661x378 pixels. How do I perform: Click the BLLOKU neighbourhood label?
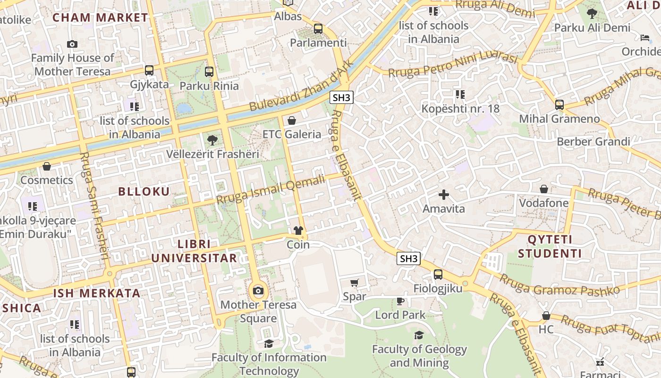(x=144, y=191)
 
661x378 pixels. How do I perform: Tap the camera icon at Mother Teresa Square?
(x=258, y=291)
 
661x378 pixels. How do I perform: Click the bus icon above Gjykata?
(x=149, y=70)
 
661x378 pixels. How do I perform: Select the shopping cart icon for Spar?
(x=355, y=283)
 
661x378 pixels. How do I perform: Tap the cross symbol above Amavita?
(x=443, y=194)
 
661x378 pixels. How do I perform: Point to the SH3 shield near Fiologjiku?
(x=408, y=258)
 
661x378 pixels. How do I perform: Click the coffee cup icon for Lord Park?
(x=400, y=301)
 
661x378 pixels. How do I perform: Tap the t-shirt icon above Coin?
(x=298, y=231)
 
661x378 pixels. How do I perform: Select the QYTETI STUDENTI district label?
(x=550, y=247)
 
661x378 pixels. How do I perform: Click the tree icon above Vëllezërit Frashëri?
(x=212, y=140)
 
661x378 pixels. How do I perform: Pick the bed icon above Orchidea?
(x=645, y=37)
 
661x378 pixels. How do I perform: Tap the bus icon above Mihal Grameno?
(x=559, y=105)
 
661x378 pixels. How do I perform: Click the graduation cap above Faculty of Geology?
(x=419, y=335)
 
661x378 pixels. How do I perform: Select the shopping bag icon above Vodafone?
(x=544, y=189)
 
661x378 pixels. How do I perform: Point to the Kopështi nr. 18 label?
(x=460, y=109)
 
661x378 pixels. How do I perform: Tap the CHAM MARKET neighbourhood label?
(x=100, y=17)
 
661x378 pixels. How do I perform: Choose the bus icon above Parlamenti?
(x=318, y=29)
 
